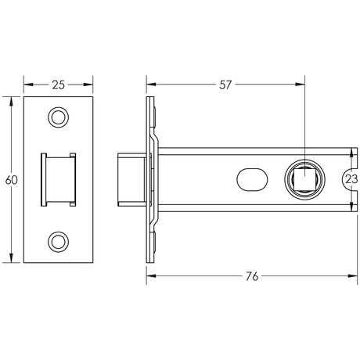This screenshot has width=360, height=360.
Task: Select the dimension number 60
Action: (11, 180)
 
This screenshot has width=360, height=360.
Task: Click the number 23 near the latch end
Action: (351, 179)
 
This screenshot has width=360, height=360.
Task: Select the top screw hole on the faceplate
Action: (59, 117)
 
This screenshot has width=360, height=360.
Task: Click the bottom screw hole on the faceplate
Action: (59, 241)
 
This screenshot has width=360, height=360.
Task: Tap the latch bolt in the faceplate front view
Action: (59, 179)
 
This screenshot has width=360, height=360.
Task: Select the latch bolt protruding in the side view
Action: (130, 179)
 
